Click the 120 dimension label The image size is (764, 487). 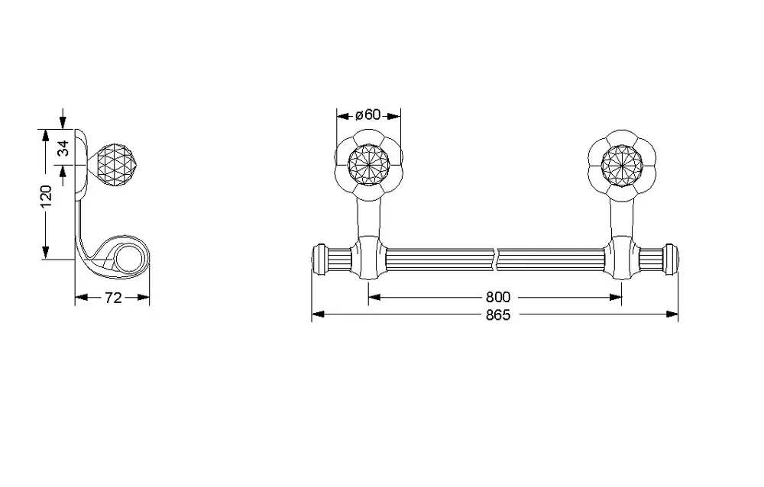tap(45, 195)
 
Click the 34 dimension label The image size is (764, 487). tap(63, 147)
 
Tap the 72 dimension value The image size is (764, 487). tap(112, 298)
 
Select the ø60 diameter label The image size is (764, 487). tap(368, 115)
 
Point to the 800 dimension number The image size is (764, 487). tap(497, 297)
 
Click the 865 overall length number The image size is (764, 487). tap(498, 315)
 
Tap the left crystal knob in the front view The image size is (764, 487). tap(368, 165)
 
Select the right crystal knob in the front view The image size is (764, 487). tap(622, 165)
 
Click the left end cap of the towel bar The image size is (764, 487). tap(319, 260)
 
